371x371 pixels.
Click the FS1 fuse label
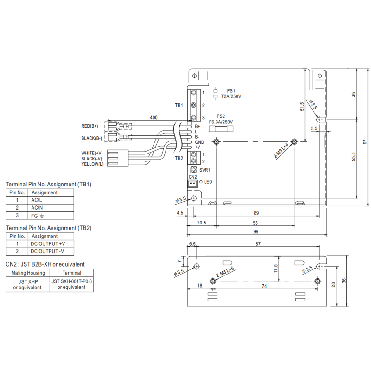point(231,91)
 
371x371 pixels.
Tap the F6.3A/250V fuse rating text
point(221,122)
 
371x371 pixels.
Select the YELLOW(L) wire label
point(92,164)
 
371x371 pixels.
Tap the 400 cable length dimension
point(154,118)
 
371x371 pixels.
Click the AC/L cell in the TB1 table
point(37,200)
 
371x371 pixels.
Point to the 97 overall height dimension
point(365,142)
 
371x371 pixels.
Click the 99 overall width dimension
point(256,231)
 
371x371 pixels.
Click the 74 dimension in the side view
point(264,287)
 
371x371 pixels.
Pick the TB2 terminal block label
point(179,158)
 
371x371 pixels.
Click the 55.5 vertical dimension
point(353,157)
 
